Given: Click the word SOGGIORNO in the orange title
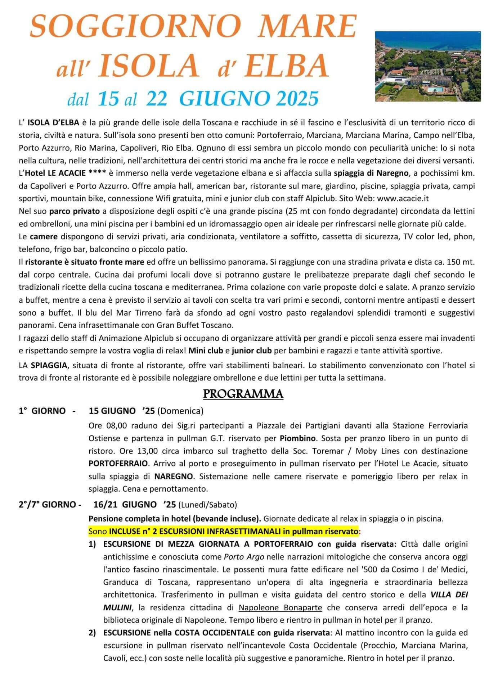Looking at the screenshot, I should click(x=135, y=27).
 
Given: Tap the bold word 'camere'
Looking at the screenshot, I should click(x=44, y=236).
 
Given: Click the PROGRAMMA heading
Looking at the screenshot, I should click(x=243, y=394).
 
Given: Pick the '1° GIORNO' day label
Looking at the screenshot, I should click(x=42, y=411).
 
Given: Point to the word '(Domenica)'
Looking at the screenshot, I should click(x=180, y=411).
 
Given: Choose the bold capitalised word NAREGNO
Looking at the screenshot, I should click(x=174, y=476).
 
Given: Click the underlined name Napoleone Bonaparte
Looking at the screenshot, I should click(x=280, y=608).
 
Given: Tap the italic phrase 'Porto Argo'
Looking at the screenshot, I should click(x=244, y=557).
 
